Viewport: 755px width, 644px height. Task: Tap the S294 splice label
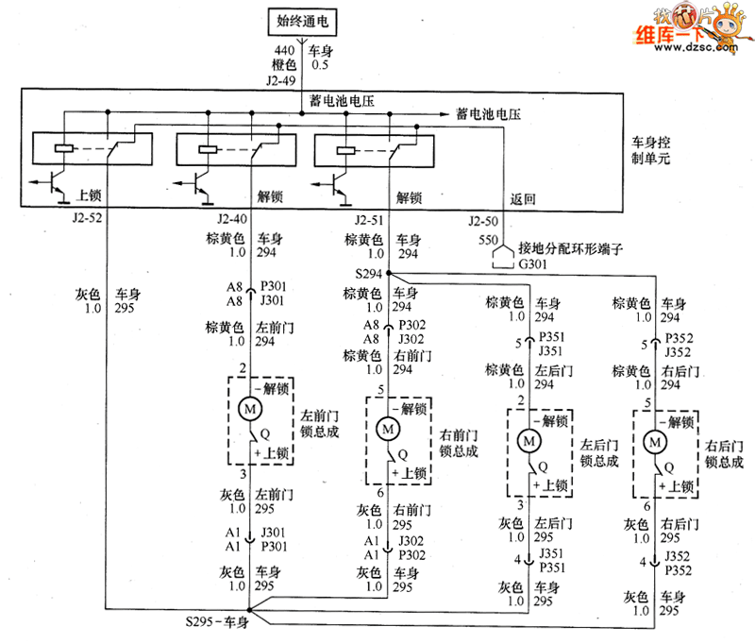pyautogui.click(x=370, y=274)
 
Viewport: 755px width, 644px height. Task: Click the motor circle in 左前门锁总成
pyautogui.click(x=250, y=410)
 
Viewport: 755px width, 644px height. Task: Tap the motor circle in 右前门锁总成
pyautogui.click(x=387, y=428)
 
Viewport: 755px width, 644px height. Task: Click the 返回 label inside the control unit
pyautogui.click(x=522, y=198)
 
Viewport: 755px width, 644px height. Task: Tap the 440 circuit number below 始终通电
pyautogui.click(x=283, y=51)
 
